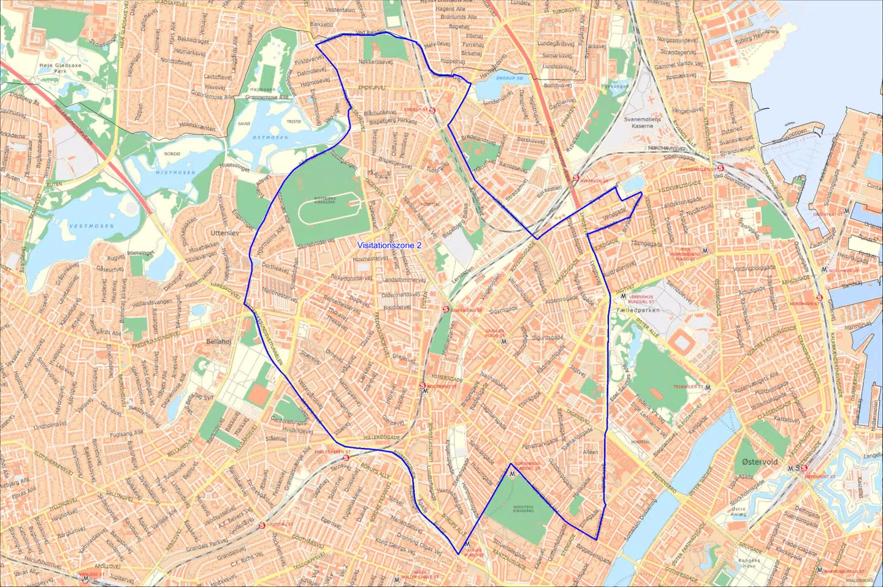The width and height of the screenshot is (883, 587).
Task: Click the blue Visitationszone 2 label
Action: pos(389,245)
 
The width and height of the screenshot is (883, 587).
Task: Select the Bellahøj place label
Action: pos(219,341)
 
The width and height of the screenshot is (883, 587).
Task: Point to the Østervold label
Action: pos(759,462)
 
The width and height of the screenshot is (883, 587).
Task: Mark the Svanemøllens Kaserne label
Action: pos(642,123)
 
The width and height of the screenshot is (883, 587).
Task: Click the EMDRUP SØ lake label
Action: pos(510,78)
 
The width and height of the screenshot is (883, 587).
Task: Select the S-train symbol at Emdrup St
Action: pos(433,110)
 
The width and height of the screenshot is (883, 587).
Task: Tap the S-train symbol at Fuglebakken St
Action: pos(346,457)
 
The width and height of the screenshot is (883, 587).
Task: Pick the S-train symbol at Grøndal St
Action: pos(262,525)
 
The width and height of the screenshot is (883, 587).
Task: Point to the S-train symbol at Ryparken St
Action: pos(576,178)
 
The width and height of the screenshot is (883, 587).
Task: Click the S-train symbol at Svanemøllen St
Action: pos(721,168)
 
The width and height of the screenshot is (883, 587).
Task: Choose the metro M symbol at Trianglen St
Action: pos(708,387)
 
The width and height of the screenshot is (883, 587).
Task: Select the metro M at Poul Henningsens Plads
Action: pos(705,250)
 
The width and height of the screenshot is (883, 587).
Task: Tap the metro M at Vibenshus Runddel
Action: pos(624,297)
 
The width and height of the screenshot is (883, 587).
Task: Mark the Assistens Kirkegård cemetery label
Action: pos(522,509)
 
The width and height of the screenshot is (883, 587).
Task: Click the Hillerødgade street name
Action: pos(381,437)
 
